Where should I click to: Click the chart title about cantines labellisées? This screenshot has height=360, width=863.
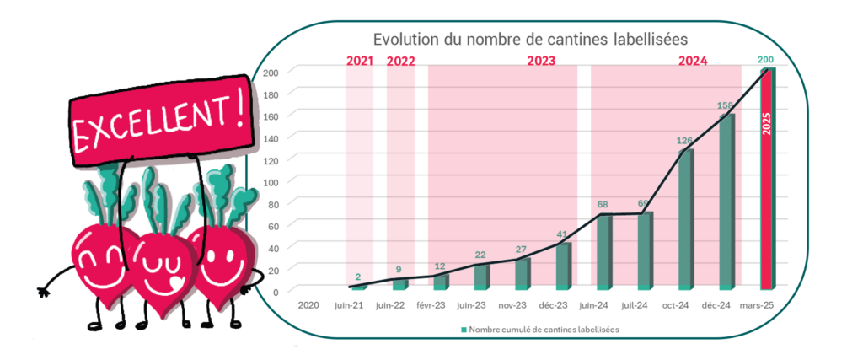click(531, 39)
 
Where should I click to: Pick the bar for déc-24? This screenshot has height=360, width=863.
click(726, 202)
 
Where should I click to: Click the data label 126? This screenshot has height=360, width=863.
click(685, 141)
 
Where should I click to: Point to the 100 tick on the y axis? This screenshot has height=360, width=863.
click(271, 180)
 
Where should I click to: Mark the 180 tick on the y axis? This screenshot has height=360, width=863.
click(271, 93)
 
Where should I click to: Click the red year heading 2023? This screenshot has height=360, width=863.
click(542, 61)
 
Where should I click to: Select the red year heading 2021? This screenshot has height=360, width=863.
click(359, 61)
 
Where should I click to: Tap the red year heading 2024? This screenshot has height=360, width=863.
click(693, 61)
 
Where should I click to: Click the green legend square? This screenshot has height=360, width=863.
click(464, 330)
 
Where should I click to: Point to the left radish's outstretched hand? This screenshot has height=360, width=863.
click(41, 292)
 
